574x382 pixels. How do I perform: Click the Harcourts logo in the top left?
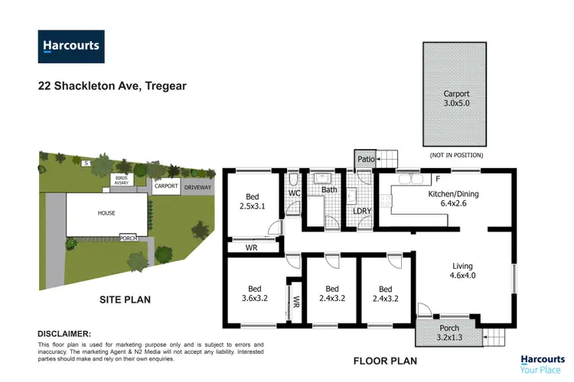(x=70, y=46)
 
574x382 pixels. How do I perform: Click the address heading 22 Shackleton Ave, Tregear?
(x=112, y=86)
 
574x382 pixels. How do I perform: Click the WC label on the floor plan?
(x=293, y=193)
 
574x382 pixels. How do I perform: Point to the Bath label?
(x=329, y=189)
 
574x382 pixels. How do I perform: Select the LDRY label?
(x=360, y=211)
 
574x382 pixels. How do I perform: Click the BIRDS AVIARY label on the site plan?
(x=124, y=180)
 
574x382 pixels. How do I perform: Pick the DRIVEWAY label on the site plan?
(x=197, y=186)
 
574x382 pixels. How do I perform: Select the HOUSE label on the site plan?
(x=106, y=213)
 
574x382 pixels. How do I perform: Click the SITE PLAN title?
(x=125, y=299)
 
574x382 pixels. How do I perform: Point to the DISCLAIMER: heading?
(x=64, y=334)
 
